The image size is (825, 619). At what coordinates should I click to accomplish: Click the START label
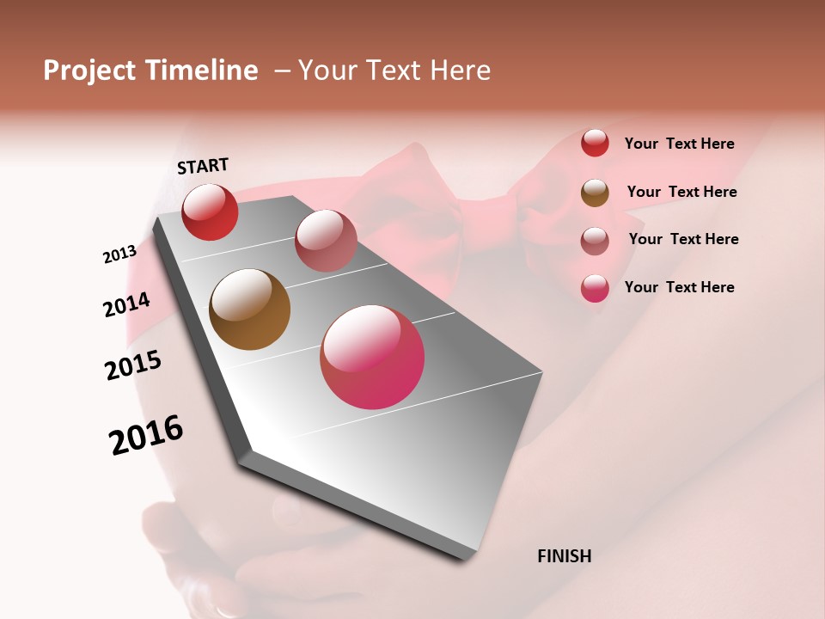[x=203, y=166]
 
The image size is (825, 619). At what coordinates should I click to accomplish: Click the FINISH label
[x=564, y=556]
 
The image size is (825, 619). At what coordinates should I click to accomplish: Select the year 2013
[x=119, y=254]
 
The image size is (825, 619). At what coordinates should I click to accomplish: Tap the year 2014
[x=127, y=305]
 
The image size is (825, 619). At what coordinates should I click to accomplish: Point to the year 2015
[x=133, y=366]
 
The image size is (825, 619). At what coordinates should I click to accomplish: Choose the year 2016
[x=146, y=435]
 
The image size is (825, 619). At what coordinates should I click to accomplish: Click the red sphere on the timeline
[x=210, y=211]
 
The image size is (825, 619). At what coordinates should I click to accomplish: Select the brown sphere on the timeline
[x=249, y=309]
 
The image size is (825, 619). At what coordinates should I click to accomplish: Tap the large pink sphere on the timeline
[x=372, y=357]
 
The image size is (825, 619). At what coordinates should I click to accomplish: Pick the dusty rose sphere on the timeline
[x=326, y=241]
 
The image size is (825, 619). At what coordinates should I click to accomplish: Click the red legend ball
[x=595, y=143]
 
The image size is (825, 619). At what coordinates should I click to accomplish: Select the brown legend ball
[x=595, y=192]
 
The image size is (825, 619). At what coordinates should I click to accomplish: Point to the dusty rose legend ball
[x=595, y=240]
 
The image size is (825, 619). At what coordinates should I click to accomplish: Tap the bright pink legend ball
[x=595, y=288]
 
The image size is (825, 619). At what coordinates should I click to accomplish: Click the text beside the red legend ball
[x=679, y=144]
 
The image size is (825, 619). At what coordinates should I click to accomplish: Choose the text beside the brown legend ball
[x=681, y=192]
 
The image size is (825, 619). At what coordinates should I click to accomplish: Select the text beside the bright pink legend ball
[x=679, y=287]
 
